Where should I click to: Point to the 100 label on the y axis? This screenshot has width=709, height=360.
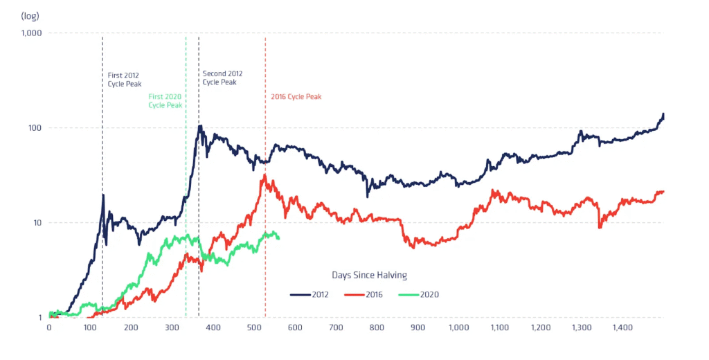click(35, 128)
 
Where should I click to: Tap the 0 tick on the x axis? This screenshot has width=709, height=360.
click(48, 327)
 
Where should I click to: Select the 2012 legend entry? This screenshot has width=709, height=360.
click(309, 294)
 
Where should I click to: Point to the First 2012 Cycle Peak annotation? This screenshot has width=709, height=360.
click(125, 79)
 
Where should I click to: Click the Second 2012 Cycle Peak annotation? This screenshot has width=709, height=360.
click(222, 78)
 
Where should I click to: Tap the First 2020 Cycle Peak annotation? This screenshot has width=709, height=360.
click(165, 101)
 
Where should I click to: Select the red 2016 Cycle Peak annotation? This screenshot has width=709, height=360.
click(296, 97)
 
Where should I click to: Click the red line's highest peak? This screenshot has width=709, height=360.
click(264, 174)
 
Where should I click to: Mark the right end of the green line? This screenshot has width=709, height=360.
click(278, 238)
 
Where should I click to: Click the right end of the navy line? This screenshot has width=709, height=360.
click(663, 114)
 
